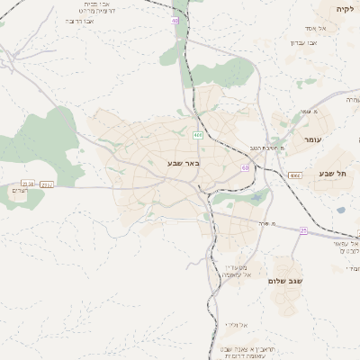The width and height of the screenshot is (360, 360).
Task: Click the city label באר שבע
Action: tap(182, 164)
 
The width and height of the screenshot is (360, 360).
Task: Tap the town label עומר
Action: tap(312, 139)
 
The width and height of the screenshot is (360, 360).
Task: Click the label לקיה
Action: tap(345, 8)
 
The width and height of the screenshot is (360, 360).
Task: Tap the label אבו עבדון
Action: tap(303, 42)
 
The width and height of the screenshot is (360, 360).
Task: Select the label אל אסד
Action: tap(328, 28)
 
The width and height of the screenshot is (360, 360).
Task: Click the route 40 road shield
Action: tap(175, 20)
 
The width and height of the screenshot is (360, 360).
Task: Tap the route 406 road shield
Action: tap(197, 135)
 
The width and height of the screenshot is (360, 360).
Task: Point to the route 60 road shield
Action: tap(245, 167)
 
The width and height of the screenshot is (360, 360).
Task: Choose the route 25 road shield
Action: tap(303, 230)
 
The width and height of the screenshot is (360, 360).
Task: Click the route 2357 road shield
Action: tap(47, 184)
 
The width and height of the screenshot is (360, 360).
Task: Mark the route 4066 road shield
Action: tap(294, 175)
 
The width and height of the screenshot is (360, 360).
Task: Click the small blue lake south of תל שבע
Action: tap(340, 210)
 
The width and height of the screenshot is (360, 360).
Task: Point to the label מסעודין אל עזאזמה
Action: tap(237, 270)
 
